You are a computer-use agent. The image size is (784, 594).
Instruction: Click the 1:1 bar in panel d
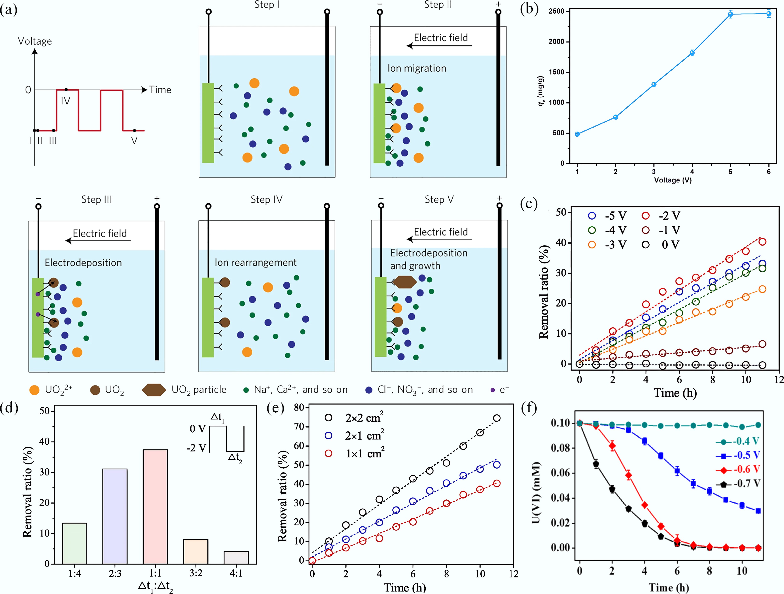pos(155,507)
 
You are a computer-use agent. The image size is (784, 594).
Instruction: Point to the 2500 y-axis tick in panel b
pos(556,11)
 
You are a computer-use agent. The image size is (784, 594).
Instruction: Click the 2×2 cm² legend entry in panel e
pos(354,418)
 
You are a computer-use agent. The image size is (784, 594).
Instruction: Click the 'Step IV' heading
pos(267,199)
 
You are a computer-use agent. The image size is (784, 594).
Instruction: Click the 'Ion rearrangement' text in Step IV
pos(256,262)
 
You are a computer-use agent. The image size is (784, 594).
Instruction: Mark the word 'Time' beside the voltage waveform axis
pos(160,90)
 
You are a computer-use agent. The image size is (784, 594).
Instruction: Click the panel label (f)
pos(529,408)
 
